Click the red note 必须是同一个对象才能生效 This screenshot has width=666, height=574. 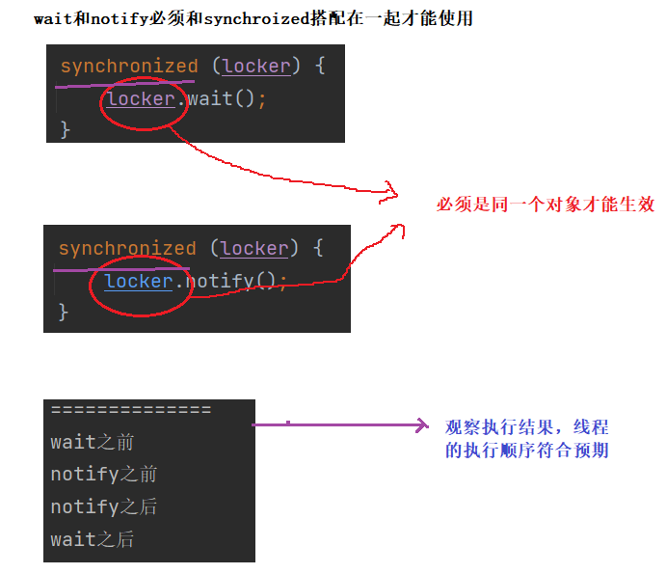(x=546, y=205)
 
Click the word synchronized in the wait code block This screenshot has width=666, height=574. (x=128, y=67)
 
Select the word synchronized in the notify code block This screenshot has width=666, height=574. (x=126, y=249)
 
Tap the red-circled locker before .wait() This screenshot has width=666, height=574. (x=141, y=98)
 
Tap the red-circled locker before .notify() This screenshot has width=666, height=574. (x=138, y=282)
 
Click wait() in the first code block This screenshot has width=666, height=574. (x=226, y=98)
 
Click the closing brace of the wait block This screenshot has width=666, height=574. (x=66, y=129)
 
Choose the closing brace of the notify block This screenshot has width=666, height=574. (x=64, y=312)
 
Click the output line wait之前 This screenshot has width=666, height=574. (x=93, y=443)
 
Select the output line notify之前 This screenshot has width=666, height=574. (x=104, y=475)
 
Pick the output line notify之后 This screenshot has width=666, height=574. (x=104, y=507)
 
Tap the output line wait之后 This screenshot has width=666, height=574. (x=93, y=539)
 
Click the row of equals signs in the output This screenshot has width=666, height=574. (x=130, y=411)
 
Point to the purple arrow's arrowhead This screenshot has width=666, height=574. (x=421, y=424)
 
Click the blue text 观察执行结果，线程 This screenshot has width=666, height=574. (x=526, y=428)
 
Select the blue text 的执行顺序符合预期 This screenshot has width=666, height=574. (x=526, y=451)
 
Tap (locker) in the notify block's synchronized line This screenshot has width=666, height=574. (x=254, y=249)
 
